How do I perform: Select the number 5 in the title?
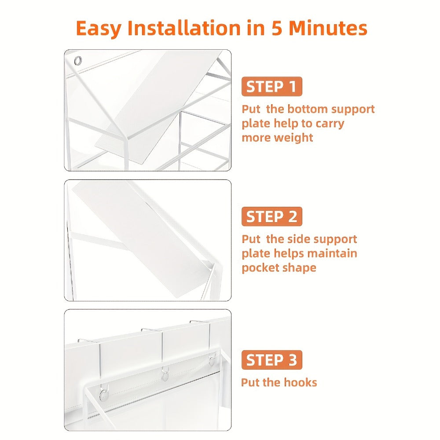pyautogui.click(x=277, y=28)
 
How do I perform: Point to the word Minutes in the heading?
pyautogui.click(x=328, y=28)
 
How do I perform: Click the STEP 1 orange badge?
pyautogui.click(x=271, y=86)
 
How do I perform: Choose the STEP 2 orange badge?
pyautogui.click(x=271, y=216)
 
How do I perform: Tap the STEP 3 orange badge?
pyautogui.click(x=271, y=360)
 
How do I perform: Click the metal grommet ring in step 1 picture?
pyautogui.click(x=78, y=60)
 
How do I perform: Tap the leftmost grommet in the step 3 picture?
pyautogui.click(x=104, y=395)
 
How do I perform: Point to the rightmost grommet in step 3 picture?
pyautogui.click(x=213, y=361)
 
